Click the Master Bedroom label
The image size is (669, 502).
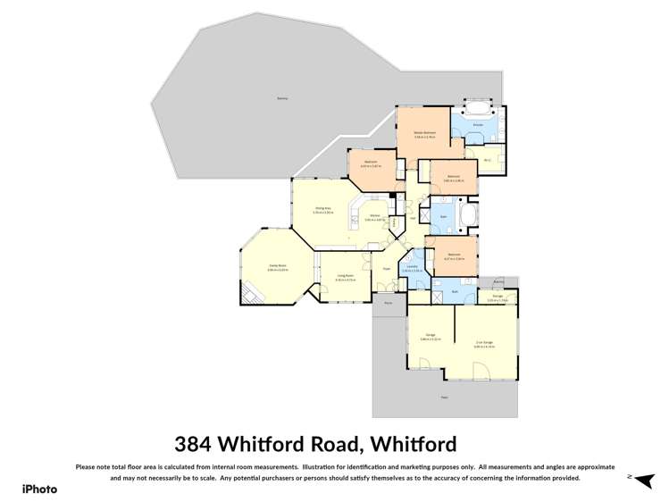[424, 132]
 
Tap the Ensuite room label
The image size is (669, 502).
[478, 124]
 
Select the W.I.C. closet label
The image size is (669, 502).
[488, 160]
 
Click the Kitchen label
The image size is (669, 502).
[374, 216]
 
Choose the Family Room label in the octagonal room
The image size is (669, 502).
[277, 267]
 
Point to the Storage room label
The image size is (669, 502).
[498, 296]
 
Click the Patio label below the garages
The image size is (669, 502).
[444, 397]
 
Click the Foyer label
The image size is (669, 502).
[387, 268]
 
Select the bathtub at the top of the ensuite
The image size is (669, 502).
[477, 101]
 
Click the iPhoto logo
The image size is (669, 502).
[39, 489]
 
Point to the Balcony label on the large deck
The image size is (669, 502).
[282, 97]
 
